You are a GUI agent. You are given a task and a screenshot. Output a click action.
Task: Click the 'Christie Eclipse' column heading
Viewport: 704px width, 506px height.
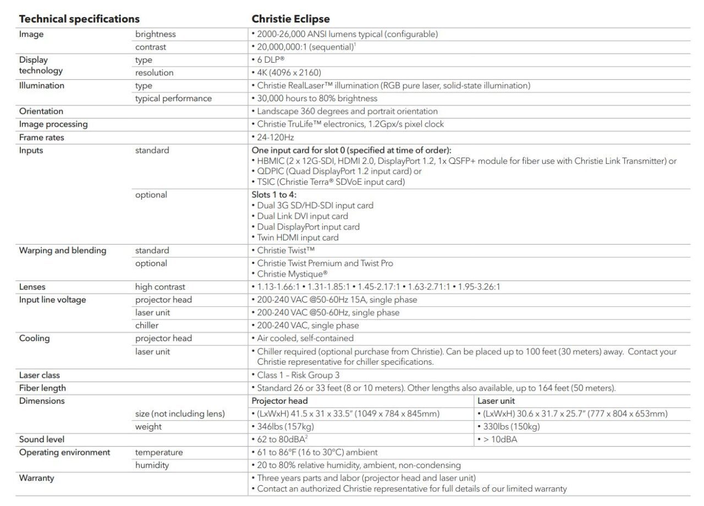point(290,19)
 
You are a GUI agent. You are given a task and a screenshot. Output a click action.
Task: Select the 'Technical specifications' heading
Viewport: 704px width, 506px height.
point(79,19)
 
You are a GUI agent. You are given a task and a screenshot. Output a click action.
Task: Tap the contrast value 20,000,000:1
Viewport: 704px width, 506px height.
point(303,47)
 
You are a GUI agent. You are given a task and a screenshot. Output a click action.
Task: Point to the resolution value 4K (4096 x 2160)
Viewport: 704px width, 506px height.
point(289,73)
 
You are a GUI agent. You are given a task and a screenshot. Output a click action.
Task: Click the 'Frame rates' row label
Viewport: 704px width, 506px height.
point(42,137)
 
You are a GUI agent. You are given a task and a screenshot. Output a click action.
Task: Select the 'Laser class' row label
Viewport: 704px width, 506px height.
point(40,375)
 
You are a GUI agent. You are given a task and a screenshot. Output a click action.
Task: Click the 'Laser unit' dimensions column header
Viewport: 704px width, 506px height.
point(496,401)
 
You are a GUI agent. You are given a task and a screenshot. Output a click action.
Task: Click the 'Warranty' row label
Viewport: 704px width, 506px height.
point(37,478)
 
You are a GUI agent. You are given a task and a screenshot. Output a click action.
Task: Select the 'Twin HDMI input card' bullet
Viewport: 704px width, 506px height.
point(298,238)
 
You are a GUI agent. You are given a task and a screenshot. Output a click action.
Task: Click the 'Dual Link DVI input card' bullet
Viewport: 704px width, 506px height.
point(302,216)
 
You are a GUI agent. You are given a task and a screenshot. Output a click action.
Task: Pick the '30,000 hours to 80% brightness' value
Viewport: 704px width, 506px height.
point(317,98)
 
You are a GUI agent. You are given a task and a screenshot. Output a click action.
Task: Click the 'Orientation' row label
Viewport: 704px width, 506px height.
point(41,111)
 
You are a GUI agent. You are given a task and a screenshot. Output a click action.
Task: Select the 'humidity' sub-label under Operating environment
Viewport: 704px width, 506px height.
point(152,465)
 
